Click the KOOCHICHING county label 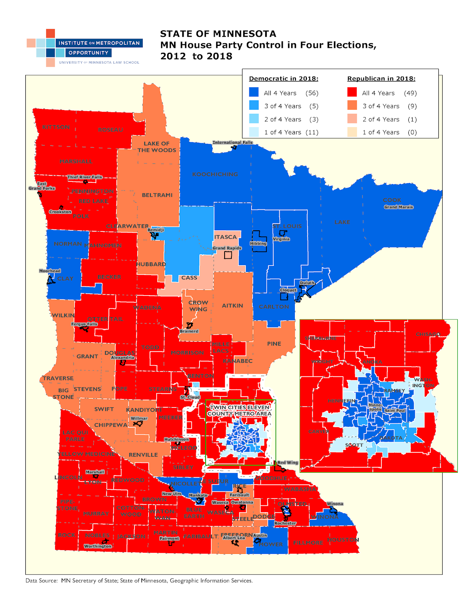(215, 174)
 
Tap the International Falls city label (232, 143)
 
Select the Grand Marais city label (398, 207)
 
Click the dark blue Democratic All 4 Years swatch (254, 93)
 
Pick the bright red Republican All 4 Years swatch (352, 93)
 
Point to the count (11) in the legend (312, 132)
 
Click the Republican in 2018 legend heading (381, 79)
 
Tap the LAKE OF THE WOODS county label (157, 147)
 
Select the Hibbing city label (258, 244)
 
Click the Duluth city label (307, 283)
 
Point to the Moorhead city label (50, 271)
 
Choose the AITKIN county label (233, 305)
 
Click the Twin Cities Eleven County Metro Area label (239, 410)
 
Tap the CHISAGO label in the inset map (428, 334)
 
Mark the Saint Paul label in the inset (395, 410)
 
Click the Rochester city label (285, 523)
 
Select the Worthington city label (98, 546)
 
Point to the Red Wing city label (288, 462)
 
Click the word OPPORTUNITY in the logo (89, 53)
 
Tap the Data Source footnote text (139, 580)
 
